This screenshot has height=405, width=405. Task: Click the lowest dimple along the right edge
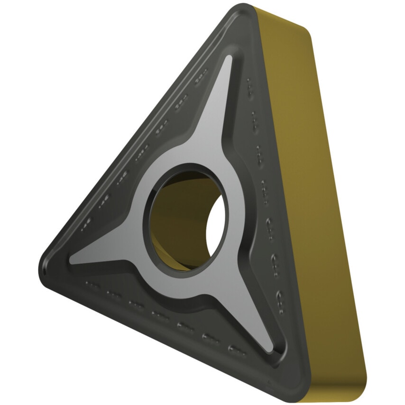click(280, 296)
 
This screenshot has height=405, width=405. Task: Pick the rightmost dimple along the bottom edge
click(235, 350)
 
